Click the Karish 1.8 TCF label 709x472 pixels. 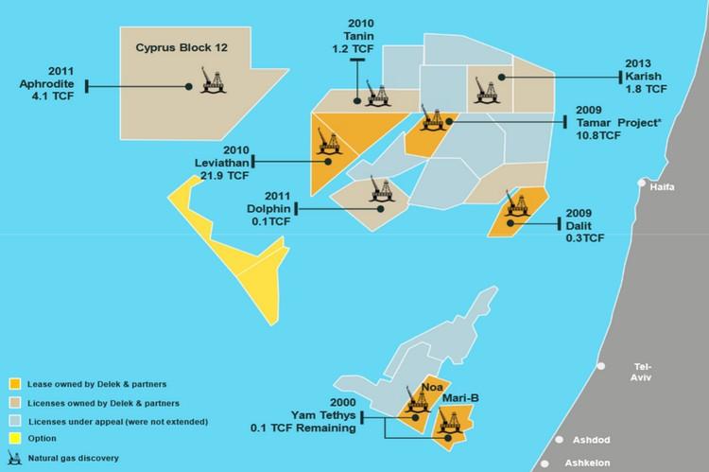[646, 77]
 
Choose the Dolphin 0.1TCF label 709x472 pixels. [264, 208]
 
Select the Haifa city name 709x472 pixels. [664, 188]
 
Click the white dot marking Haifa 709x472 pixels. [643, 183]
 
